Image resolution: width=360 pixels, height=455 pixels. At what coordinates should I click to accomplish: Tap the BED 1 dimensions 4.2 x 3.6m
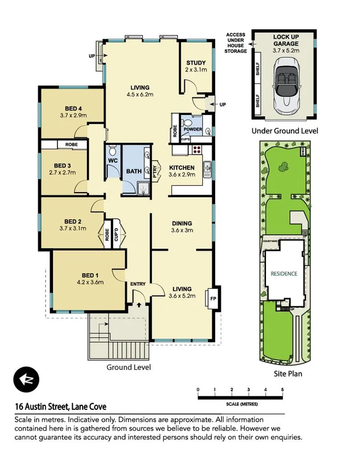coord(90,283)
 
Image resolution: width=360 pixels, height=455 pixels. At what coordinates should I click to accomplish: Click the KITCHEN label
coord(182,168)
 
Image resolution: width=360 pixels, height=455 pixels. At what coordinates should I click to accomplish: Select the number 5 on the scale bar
coord(282,389)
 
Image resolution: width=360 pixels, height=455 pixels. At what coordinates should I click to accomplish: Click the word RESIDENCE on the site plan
coord(284,274)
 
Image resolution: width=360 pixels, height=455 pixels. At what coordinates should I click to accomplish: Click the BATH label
coord(134,171)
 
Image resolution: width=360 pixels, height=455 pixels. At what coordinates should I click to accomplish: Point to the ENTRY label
coord(138,284)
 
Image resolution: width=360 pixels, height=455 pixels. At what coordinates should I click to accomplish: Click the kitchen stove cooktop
coord(197,150)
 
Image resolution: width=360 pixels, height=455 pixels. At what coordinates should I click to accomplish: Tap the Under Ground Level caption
coord(285,131)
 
